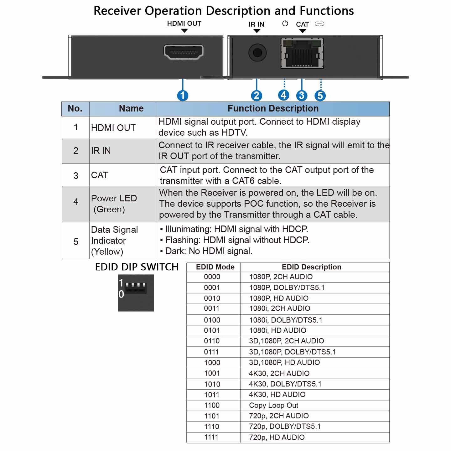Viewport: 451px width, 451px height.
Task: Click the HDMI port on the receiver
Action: [x=184, y=52]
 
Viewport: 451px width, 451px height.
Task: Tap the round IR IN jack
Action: [x=257, y=53]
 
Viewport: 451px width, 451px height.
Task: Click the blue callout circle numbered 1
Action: [x=183, y=96]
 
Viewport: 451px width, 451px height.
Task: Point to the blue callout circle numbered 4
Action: [x=284, y=95]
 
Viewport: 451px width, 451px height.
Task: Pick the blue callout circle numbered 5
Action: [x=320, y=96]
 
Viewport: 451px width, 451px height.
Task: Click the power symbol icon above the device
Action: [x=285, y=23]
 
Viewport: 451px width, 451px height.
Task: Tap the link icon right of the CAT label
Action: [x=319, y=24]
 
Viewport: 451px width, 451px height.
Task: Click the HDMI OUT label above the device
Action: [x=184, y=23]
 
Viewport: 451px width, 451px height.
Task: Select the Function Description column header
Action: [x=273, y=109]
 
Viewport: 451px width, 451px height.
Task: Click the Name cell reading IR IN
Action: [x=101, y=151]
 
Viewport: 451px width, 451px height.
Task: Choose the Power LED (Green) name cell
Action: [x=114, y=204]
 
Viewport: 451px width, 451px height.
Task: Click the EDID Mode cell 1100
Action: [x=212, y=405]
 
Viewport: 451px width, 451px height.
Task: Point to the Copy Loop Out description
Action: [x=273, y=405]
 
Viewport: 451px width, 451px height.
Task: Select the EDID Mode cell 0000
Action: [x=212, y=277]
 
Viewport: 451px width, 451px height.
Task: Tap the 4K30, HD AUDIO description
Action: [x=277, y=395]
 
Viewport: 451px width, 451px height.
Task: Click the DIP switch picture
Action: [x=136, y=293]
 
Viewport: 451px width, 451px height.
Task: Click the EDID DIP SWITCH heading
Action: [x=137, y=267]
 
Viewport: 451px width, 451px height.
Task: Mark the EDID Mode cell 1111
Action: [x=211, y=437]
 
